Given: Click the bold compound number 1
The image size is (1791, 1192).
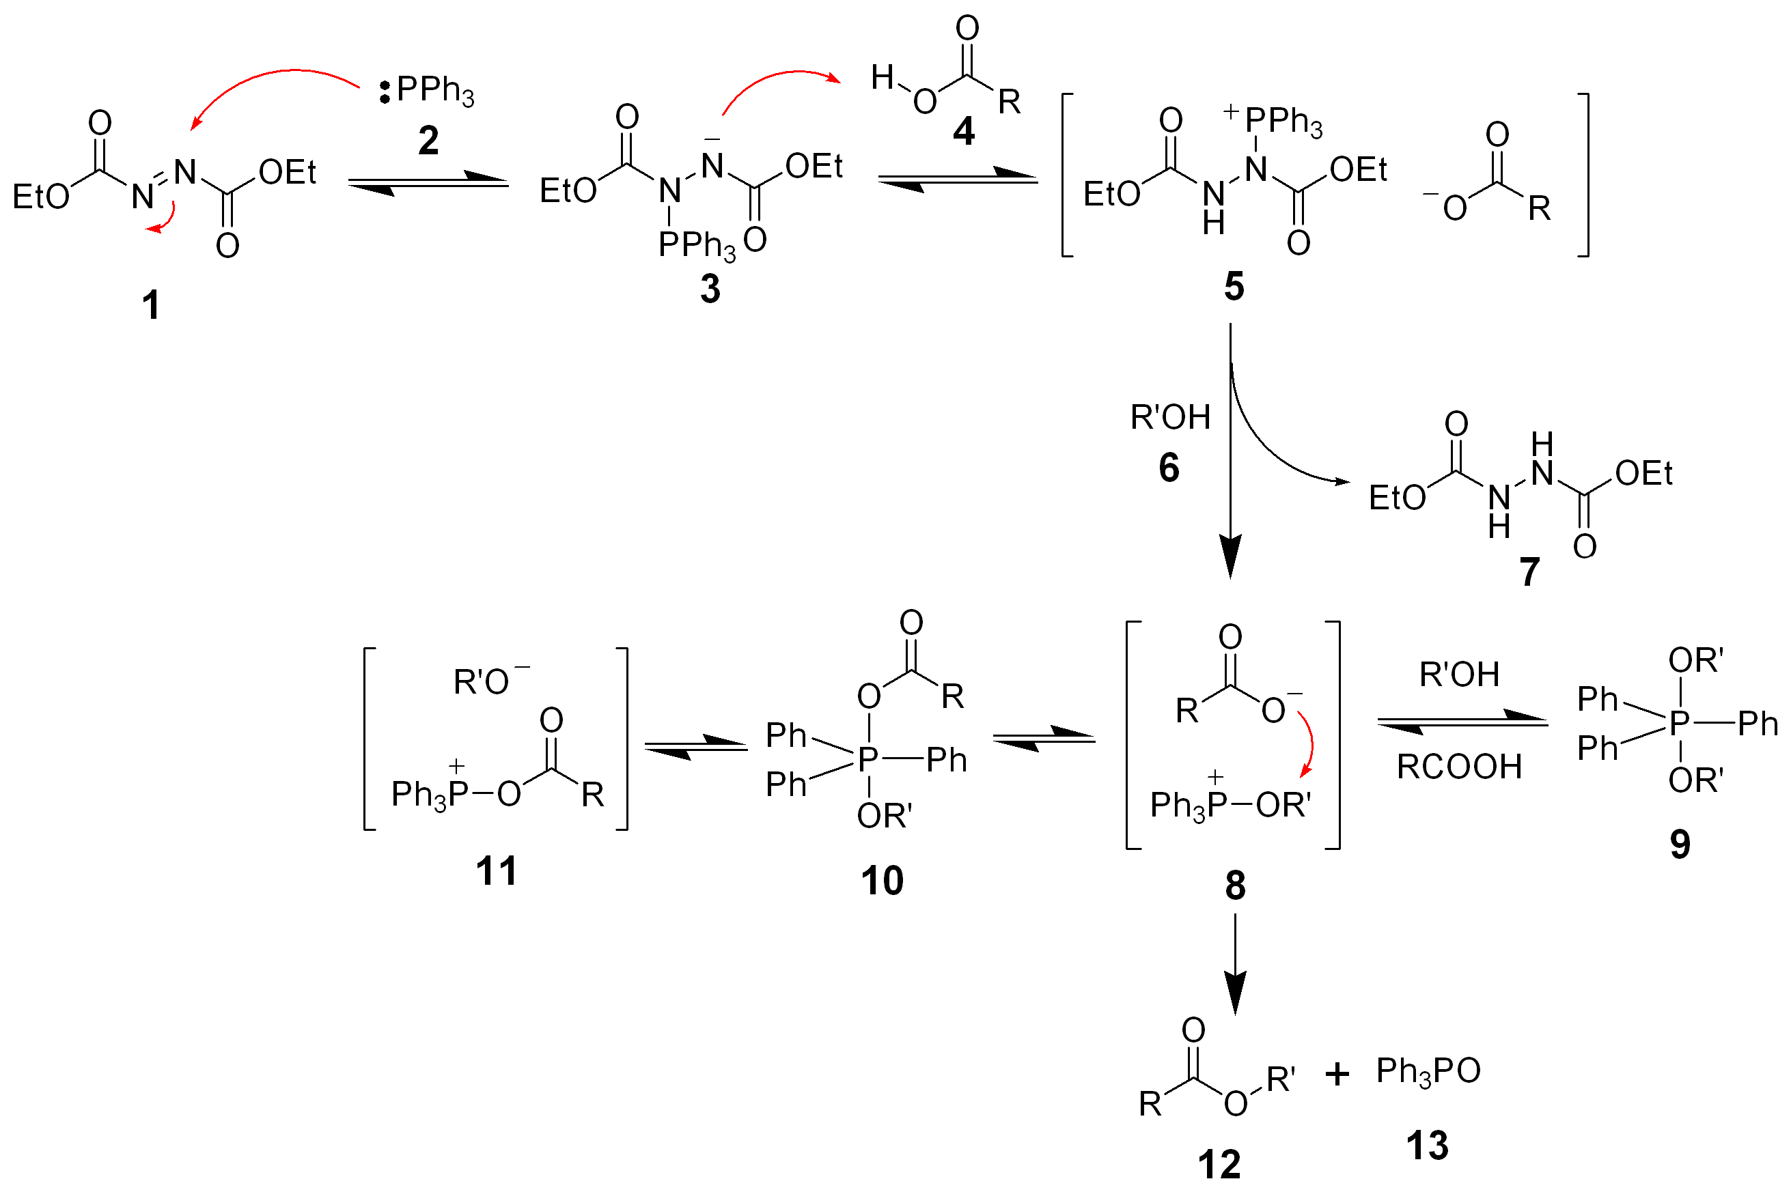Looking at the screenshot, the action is (x=150, y=305).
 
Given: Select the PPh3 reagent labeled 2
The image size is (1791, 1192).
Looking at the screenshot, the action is (x=435, y=91).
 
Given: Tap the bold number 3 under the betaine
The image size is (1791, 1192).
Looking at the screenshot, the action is (x=710, y=289).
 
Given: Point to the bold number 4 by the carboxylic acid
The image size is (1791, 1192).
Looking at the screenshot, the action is (x=964, y=132).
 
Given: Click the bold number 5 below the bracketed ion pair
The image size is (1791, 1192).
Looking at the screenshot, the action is (x=1234, y=287).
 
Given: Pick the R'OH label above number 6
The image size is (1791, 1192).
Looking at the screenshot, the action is (x=1170, y=417).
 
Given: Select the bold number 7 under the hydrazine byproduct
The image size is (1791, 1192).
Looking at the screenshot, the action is (x=1530, y=571).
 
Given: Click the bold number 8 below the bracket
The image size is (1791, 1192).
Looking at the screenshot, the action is (x=1236, y=885).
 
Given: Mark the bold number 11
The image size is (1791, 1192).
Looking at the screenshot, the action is (x=496, y=871).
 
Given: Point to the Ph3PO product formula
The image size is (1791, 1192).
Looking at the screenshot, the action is (x=1428, y=1071).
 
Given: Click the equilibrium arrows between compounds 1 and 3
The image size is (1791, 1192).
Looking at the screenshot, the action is (x=428, y=183).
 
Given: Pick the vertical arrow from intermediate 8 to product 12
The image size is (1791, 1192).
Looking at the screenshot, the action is (x=1235, y=963).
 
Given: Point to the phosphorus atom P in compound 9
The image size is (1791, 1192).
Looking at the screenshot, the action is (x=1679, y=722).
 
